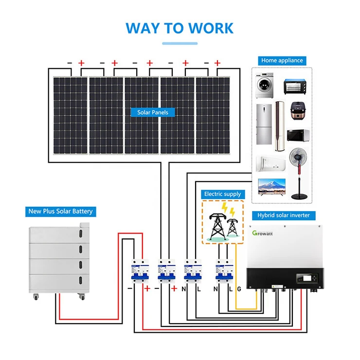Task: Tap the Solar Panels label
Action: coord(153,112)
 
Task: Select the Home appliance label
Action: coord(282,60)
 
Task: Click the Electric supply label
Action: coord(222,194)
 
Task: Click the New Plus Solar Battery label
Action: coord(61,211)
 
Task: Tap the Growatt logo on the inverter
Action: coord(266,234)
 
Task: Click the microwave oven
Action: coord(297,136)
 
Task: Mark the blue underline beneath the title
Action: coord(180,43)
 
